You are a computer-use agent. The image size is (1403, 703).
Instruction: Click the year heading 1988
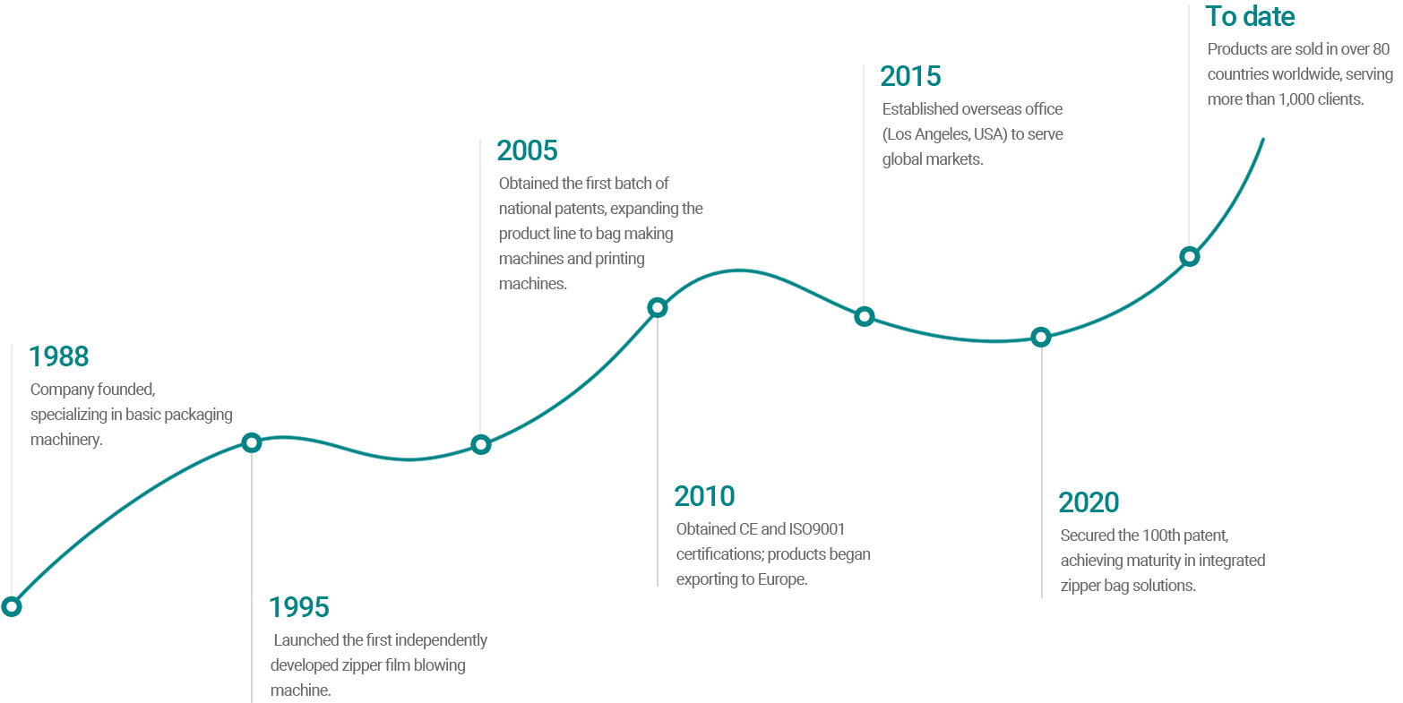pyautogui.click(x=59, y=356)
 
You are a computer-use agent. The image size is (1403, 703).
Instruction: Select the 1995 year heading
pyautogui.click(x=299, y=607)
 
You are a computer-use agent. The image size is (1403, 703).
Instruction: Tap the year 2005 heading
pyautogui.click(x=528, y=150)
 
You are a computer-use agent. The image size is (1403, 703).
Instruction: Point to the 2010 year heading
pyautogui.click(x=704, y=496)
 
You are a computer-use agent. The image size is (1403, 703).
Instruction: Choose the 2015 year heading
pyautogui.click(x=910, y=76)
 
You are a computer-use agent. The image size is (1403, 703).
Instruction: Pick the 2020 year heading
pyautogui.click(x=1089, y=502)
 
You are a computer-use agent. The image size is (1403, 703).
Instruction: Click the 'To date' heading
pyautogui.click(x=1250, y=16)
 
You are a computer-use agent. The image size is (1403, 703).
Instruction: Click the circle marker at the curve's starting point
pyautogui.click(x=12, y=606)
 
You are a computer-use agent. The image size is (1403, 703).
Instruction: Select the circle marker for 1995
pyautogui.click(x=252, y=442)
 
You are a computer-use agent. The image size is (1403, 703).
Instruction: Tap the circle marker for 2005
pyautogui.click(x=481, y=444)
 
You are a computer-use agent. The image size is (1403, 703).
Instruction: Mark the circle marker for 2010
pyautogui.click(x=657, y=308)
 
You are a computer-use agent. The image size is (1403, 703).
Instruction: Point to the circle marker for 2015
pyautogui.click(x=864, y=316)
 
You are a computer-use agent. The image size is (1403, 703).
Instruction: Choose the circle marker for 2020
pyautogui.click(x=1040, y=338)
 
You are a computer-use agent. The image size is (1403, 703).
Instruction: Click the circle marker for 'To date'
pyautogui.click(x=1189, y=257)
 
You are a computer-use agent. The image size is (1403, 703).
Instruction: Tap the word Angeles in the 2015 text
pyautogui.click(x=943, y=134)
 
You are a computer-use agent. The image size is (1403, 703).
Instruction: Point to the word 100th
pyautogui.click(x=1163, y=536)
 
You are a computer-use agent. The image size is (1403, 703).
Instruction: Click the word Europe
pyautogui.click(x=781, y=579)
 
